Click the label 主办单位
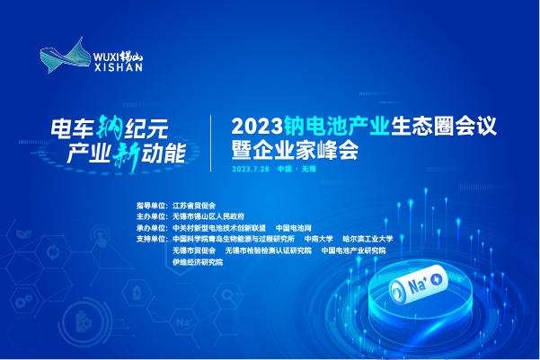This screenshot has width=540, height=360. click(x=146, y=216)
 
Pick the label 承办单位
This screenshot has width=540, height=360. click(x=146, y=228)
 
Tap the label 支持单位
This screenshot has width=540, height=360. click(x=146, y=240)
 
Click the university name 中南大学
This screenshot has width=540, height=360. click(x=318, y=240)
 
